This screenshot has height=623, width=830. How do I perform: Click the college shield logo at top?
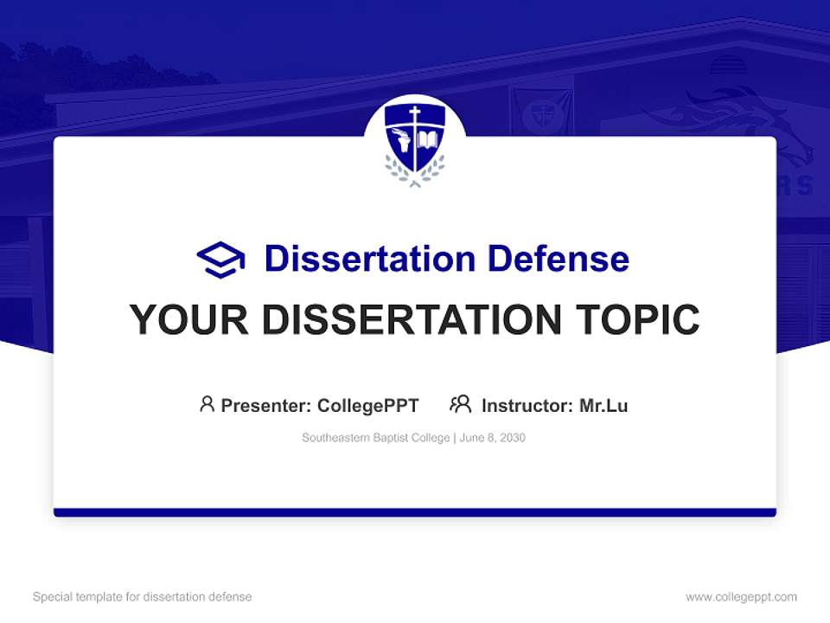coord(415,140)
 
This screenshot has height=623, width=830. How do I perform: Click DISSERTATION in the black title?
coord(410,320)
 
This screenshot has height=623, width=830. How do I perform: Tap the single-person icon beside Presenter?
coord(207,404)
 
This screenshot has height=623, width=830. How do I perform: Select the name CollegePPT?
coord(368,405)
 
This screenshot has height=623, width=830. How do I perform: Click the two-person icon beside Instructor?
coord(460,404)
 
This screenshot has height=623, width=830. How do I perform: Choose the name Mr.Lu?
coord(603,405)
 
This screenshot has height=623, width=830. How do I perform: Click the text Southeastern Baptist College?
coord(375,438)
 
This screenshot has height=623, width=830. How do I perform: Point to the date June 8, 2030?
coord(493,438)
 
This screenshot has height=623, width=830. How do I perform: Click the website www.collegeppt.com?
coord(741,597)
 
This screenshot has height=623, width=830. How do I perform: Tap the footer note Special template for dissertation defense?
coord(142,597)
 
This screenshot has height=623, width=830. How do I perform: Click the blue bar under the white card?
coord(415,512)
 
